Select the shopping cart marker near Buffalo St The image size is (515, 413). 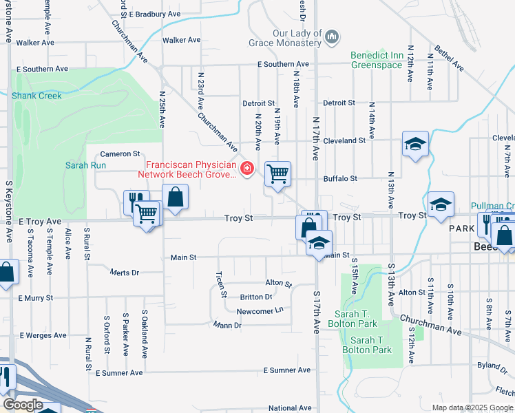pos(277,173)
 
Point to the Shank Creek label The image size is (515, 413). pos(36,96)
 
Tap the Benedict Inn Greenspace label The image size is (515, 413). pos(377,60)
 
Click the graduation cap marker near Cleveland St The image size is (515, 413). pos(415,143)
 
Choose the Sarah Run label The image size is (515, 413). pos(85,165)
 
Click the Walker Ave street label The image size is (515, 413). pos(35,42)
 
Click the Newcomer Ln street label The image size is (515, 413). pos(260,310)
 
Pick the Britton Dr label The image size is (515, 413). pos(256,297)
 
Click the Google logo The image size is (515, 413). pos(23,405)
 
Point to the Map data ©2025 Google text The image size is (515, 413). pos(472,407)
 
